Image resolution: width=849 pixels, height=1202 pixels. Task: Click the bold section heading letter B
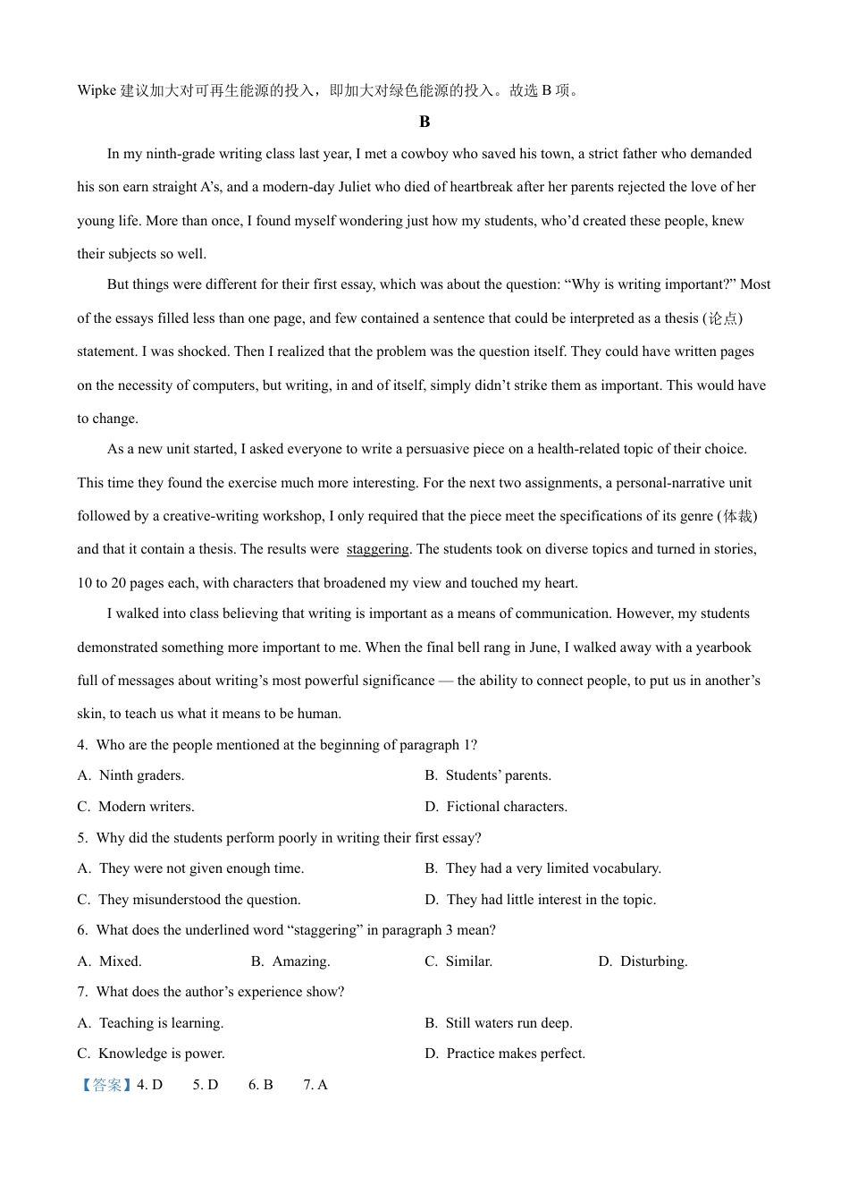coord(424,122)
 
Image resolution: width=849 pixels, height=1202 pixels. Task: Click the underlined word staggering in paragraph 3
coord(377,549)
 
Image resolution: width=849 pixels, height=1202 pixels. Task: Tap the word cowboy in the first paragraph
coord(424,154)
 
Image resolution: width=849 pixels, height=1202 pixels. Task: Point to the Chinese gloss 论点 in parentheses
coord(723,318)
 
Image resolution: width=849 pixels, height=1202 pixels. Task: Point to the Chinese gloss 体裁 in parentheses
coord(738,516)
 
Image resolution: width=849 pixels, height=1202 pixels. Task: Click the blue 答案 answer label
coord(106,1085)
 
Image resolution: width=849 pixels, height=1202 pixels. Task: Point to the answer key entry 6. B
coord(260,1085)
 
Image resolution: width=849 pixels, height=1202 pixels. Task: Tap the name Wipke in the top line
coord(97,90)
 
